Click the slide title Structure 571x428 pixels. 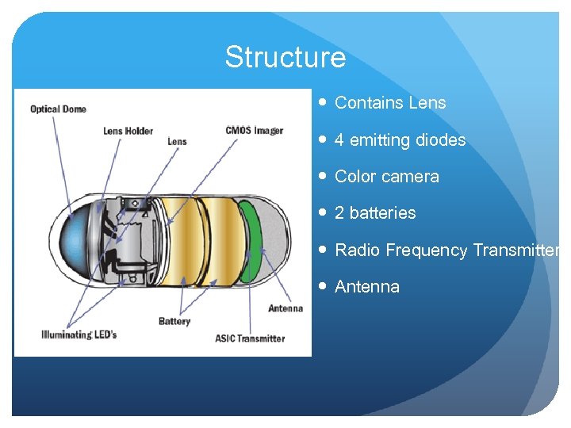point(285,57)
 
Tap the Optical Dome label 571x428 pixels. point(58,109)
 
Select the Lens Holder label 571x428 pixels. point(128,131)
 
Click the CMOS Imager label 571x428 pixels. point(254,130)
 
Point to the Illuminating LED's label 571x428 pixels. point(79,334)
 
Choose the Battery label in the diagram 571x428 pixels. point(174,321)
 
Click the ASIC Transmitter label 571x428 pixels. point(250,338)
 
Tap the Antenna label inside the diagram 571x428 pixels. point(285,308)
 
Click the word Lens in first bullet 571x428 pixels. point(427,103)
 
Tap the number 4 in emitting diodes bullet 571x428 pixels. point(339,140)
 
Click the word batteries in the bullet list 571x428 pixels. point(382,213)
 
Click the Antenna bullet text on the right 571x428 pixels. point(367,287)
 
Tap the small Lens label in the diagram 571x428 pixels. point(177,142)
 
